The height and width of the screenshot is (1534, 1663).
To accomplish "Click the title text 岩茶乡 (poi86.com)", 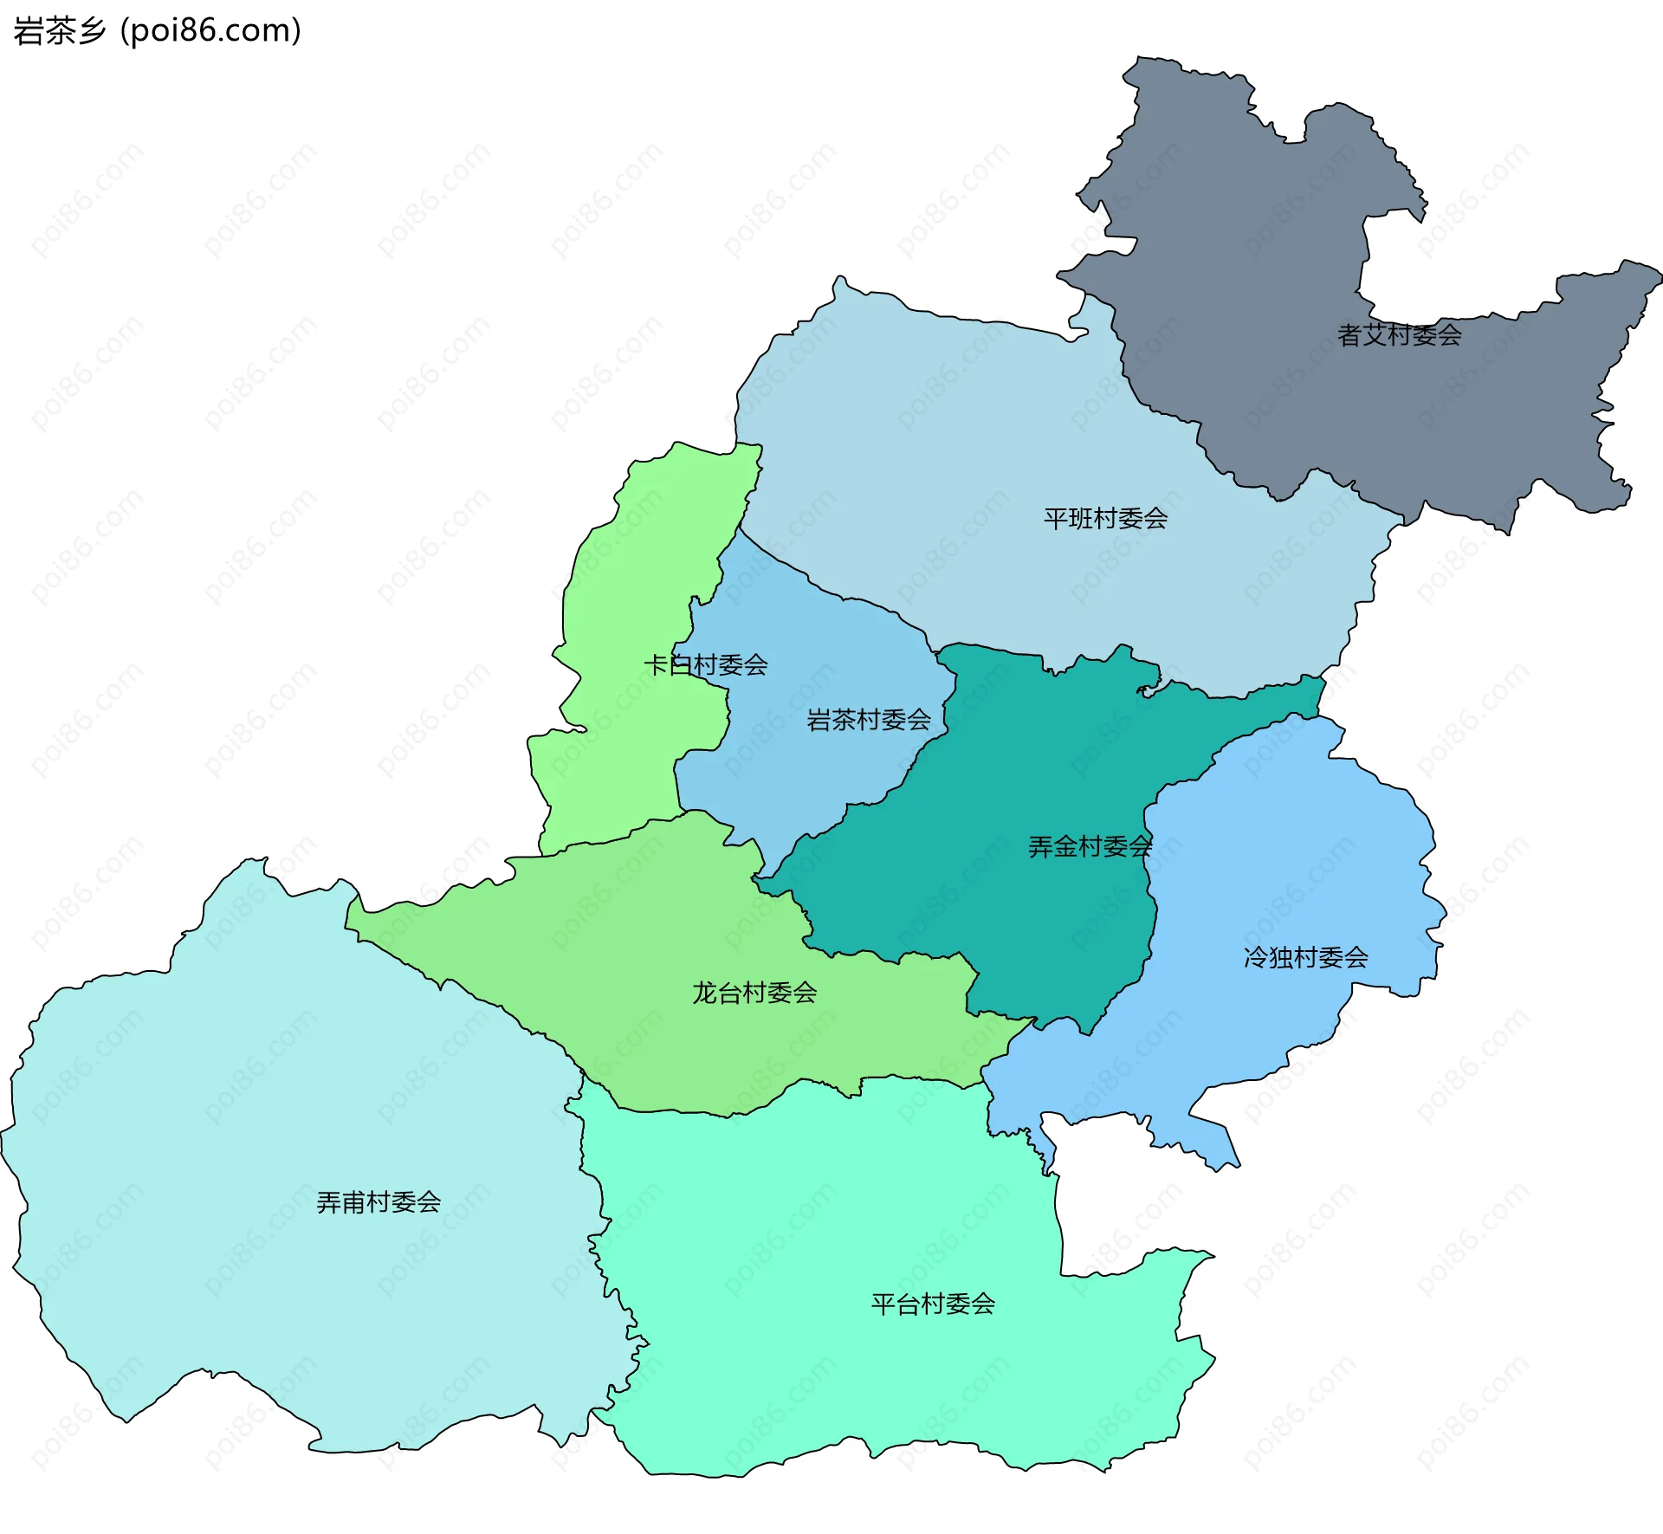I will coord(157,30).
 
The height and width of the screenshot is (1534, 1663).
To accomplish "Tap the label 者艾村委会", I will coord(1399,335).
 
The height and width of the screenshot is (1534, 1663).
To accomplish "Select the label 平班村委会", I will coord(1105,519).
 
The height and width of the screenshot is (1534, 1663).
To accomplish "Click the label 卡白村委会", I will coord(705,665).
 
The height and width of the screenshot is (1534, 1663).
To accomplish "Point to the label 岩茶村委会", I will coord(868,720).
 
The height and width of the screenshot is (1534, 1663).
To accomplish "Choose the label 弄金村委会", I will coord(1090,847).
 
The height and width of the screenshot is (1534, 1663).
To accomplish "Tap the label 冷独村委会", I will coord(1305,957).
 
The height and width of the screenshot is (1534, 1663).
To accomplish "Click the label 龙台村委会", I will coord(754,993).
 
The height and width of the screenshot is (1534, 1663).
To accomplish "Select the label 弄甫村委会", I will coord(379,1202).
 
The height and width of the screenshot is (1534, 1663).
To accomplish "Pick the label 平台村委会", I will coord(933,1304).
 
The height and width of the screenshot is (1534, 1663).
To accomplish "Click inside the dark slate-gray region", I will coord(1256,260).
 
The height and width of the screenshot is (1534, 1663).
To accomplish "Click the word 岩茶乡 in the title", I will coord(59,30).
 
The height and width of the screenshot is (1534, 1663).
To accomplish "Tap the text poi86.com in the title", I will coord(210,30).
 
